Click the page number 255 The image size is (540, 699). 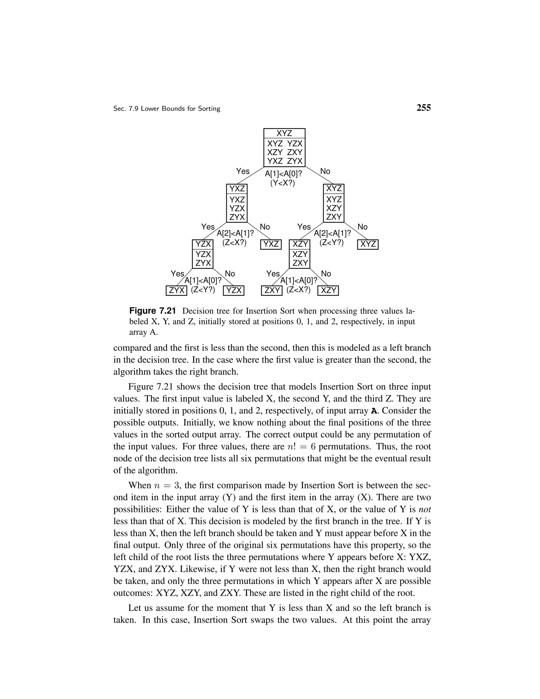pos(423,108)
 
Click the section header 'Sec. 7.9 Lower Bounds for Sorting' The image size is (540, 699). pos(167,109)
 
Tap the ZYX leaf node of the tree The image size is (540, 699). pos(176,291)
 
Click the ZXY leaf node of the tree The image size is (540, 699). pos(272,291)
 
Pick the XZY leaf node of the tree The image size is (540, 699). pos(328,291)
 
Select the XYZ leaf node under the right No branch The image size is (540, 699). pos(368,244)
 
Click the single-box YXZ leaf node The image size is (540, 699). pos(271,244)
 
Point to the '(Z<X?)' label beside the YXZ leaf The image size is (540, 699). pos(234,243)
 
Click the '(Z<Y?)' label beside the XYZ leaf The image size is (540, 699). pos(331,243)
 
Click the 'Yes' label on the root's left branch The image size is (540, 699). pos(243,171)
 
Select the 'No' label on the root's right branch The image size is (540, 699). pos(325,171)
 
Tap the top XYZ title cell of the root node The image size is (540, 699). pos(284,133)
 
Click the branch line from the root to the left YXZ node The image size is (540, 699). pos(249,176)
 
